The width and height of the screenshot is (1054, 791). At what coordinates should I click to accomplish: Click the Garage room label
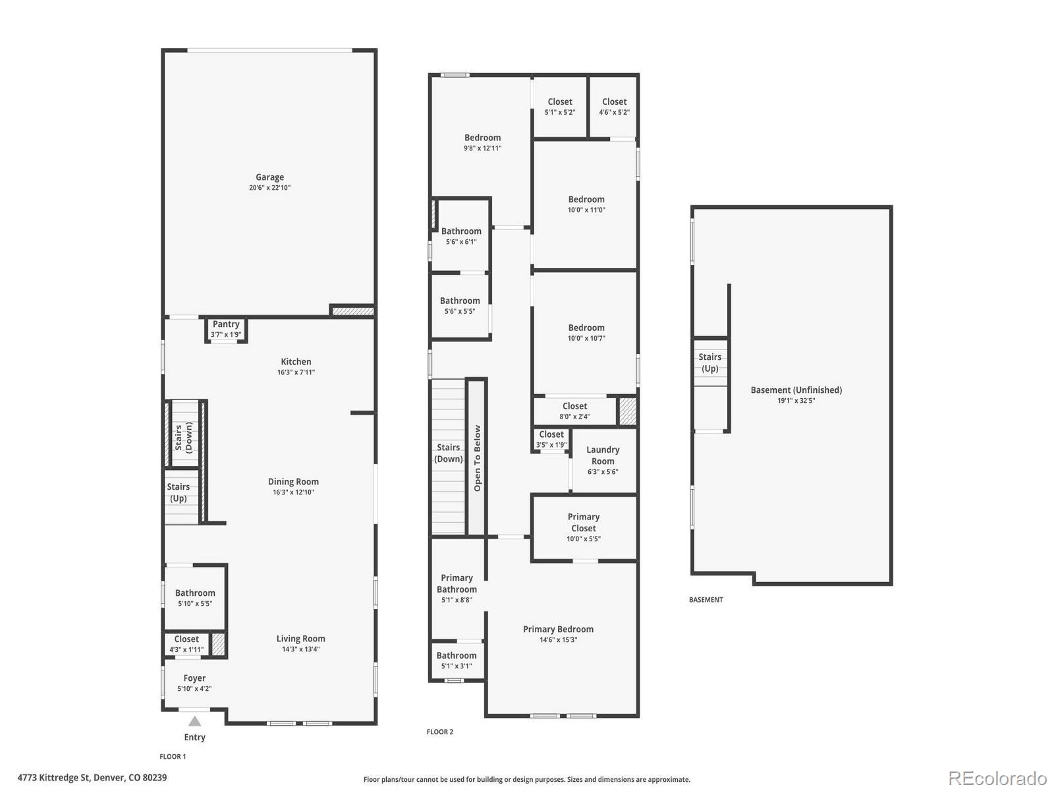[x=269, y=177]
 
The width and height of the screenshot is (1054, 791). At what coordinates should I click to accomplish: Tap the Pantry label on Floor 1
[x=226, y=324]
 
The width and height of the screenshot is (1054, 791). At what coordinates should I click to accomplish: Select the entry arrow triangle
[x=194, y=721]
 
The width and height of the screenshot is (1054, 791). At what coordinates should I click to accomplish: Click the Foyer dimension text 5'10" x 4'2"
[x=194, y=689]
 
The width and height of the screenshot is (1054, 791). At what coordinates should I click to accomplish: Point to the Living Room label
[x=300, y=639]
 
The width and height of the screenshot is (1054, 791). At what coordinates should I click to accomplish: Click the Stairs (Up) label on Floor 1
[x=178, y=492]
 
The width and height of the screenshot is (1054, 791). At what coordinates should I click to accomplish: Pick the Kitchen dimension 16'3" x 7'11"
[x=296, y=372]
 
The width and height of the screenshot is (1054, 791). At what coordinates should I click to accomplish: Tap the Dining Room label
[x=293, y=482]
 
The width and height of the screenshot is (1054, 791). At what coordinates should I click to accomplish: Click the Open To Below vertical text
[x=478, y=458]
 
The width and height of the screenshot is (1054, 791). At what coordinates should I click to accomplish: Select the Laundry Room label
[x=603, y=455]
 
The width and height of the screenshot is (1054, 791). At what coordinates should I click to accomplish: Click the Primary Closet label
[x=584, y=523]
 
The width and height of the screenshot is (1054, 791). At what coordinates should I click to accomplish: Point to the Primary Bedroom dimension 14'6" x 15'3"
[x=558, y=640]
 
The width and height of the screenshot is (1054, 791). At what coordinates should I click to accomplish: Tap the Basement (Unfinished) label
[x=796, y=390]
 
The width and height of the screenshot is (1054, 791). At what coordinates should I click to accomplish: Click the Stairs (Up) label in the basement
[x=709, y=363]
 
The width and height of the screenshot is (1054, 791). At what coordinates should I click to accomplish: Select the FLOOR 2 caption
[x=440, y=732]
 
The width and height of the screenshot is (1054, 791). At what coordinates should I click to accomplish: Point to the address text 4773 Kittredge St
[x=92, y=778]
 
